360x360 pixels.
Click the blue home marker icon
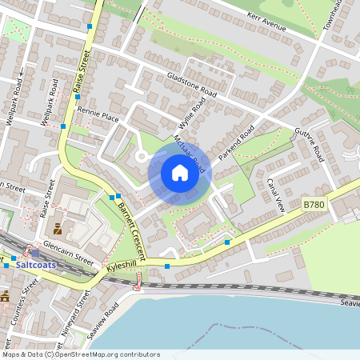180,172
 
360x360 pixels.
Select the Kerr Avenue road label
266,24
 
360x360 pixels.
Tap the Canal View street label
276,194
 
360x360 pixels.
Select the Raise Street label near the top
82,73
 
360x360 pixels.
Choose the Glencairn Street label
69,253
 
